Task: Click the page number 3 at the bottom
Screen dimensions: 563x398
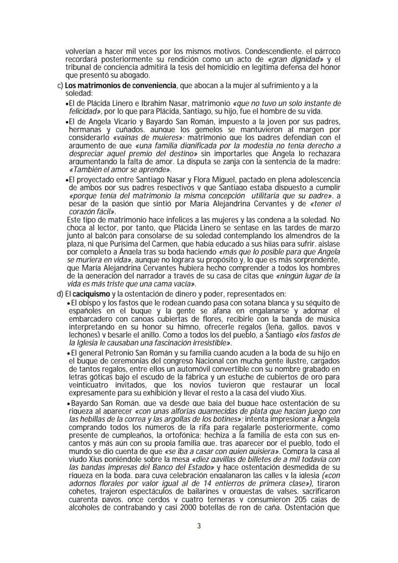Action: coord(199,525)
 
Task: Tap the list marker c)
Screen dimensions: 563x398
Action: coord(61,86)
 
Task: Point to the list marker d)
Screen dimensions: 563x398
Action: coord(61,293)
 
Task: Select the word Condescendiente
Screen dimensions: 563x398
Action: coord(287,50)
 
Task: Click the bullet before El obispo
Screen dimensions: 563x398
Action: coord(67,303)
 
